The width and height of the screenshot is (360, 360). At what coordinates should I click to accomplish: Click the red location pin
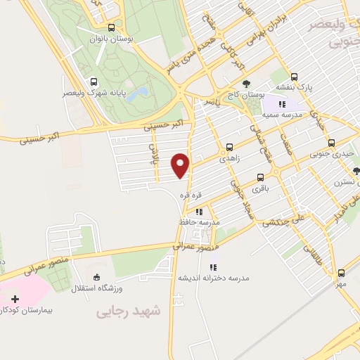181,165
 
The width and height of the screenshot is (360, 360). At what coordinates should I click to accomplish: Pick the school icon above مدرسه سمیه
281,104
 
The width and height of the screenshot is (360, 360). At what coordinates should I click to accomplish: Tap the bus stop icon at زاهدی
229,148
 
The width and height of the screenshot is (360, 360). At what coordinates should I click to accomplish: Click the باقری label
261,189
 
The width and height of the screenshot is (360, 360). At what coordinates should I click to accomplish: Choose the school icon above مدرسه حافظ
199,211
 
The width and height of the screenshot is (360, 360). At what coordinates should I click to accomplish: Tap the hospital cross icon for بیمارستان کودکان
15,299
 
